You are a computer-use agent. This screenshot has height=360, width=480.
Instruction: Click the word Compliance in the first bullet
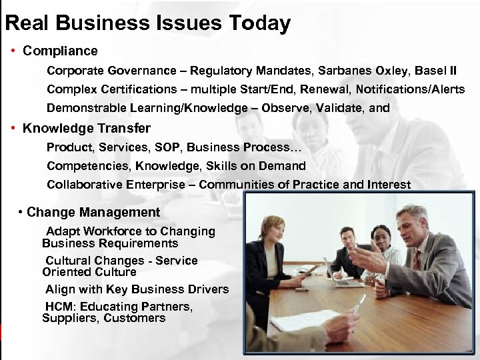click(x=60, y=51)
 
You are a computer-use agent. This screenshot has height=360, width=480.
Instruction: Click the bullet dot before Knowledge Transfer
click(x=13, y=129)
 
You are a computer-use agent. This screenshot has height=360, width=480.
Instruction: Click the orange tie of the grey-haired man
click(x=417, y=259)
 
